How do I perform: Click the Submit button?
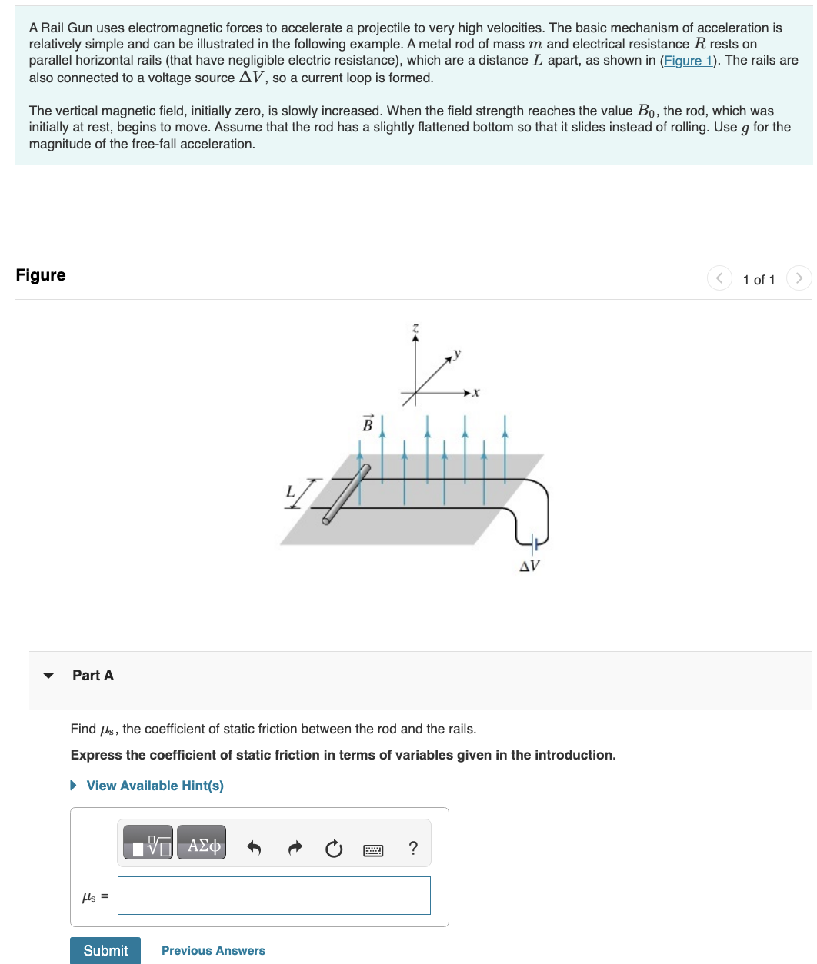[105, 950]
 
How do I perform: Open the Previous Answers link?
[213, 951]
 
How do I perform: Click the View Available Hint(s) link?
[155, 786]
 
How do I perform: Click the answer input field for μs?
[274, 896]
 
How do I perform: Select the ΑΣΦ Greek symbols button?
[202, 846]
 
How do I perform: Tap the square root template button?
[148, 846]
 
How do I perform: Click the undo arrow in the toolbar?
[254, 848]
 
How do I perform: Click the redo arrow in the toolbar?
[295, 848]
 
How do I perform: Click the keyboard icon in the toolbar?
[373, 849]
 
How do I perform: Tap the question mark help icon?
[413, 848]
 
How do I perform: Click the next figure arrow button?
[799, 278]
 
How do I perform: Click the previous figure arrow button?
[719, 278]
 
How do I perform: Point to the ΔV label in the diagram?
[529, 567]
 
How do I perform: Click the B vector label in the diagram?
[368, 424]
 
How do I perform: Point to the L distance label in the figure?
[290, 490]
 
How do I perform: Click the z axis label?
[415, 328]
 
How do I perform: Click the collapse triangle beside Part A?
[49, 676]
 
